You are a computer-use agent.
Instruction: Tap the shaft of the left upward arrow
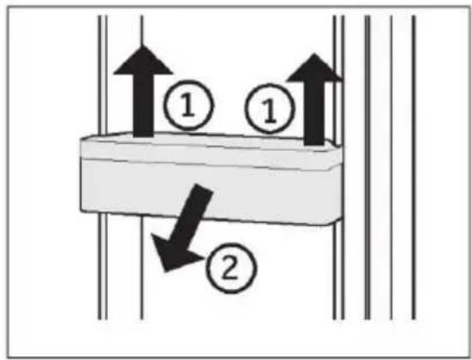[x=144, y=105]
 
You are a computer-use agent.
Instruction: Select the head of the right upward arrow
[x=315, y=68]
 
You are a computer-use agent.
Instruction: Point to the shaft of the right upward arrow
[x=315, y=113]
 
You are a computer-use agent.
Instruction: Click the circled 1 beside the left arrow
[x=188, y=105]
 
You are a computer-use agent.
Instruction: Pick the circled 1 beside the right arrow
[x=270, y=109]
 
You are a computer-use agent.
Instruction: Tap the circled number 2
[x=231, y=267]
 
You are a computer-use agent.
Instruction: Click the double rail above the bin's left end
[x=103, y=75]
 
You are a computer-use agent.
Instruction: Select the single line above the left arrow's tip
[x=142, y=30]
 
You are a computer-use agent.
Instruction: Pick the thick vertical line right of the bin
[x=367, y=167]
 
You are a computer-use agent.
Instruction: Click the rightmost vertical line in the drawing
[x=414, y=167]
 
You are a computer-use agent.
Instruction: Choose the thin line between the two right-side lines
[x=391, y=167]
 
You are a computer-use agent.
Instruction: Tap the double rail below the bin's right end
[x=338, y=271]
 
